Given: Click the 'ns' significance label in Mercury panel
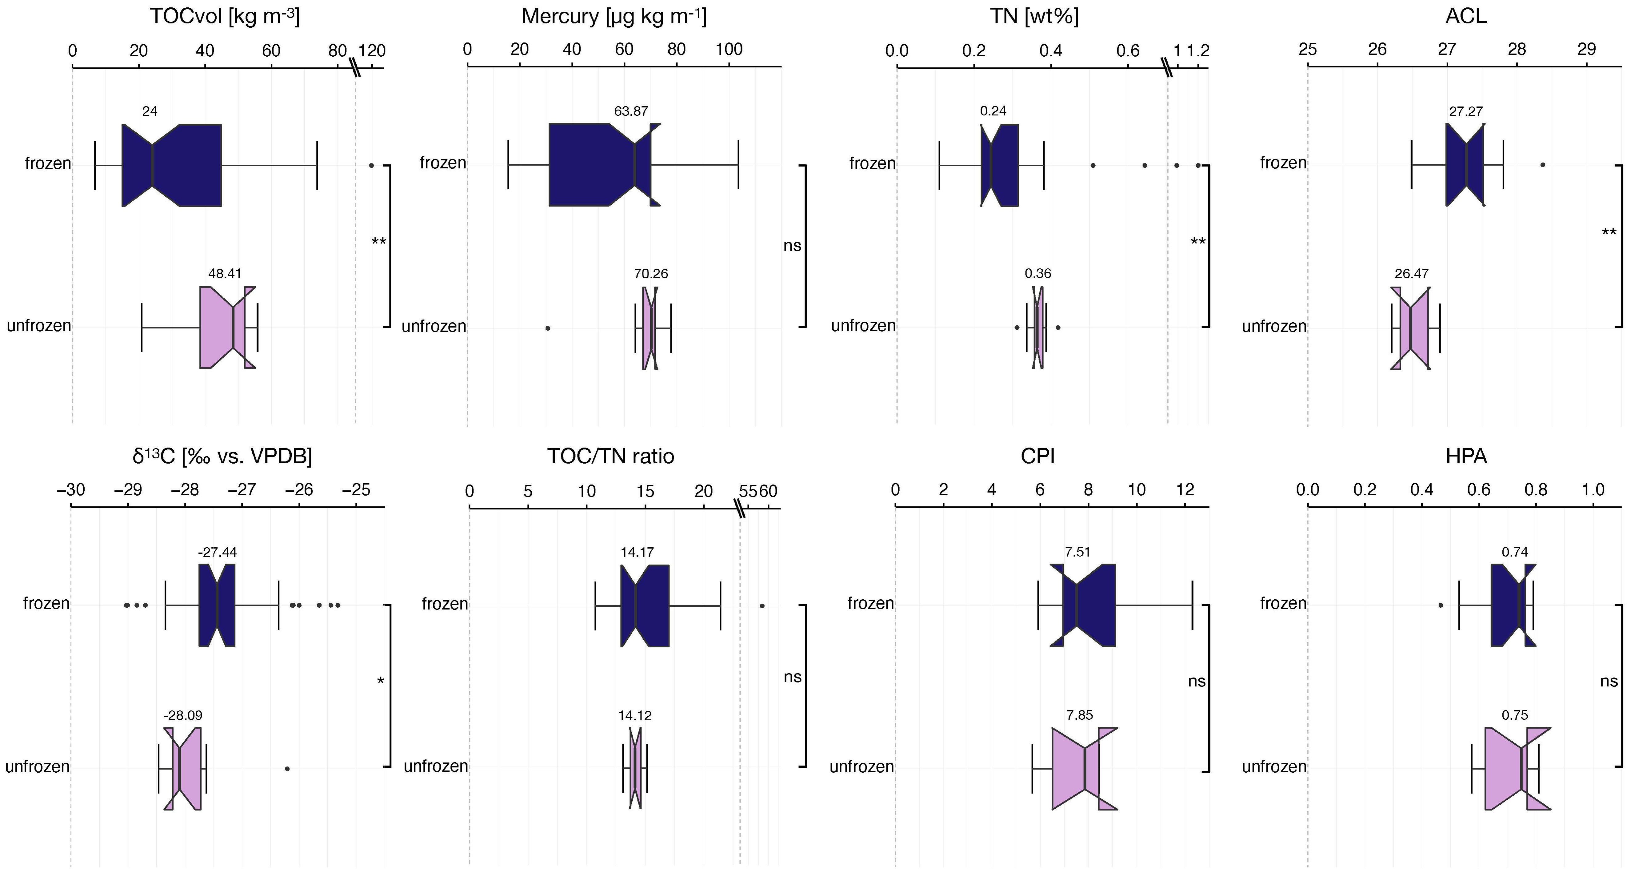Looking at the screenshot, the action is tap(792, 246).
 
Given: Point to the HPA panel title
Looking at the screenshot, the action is tap(1466, 456).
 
